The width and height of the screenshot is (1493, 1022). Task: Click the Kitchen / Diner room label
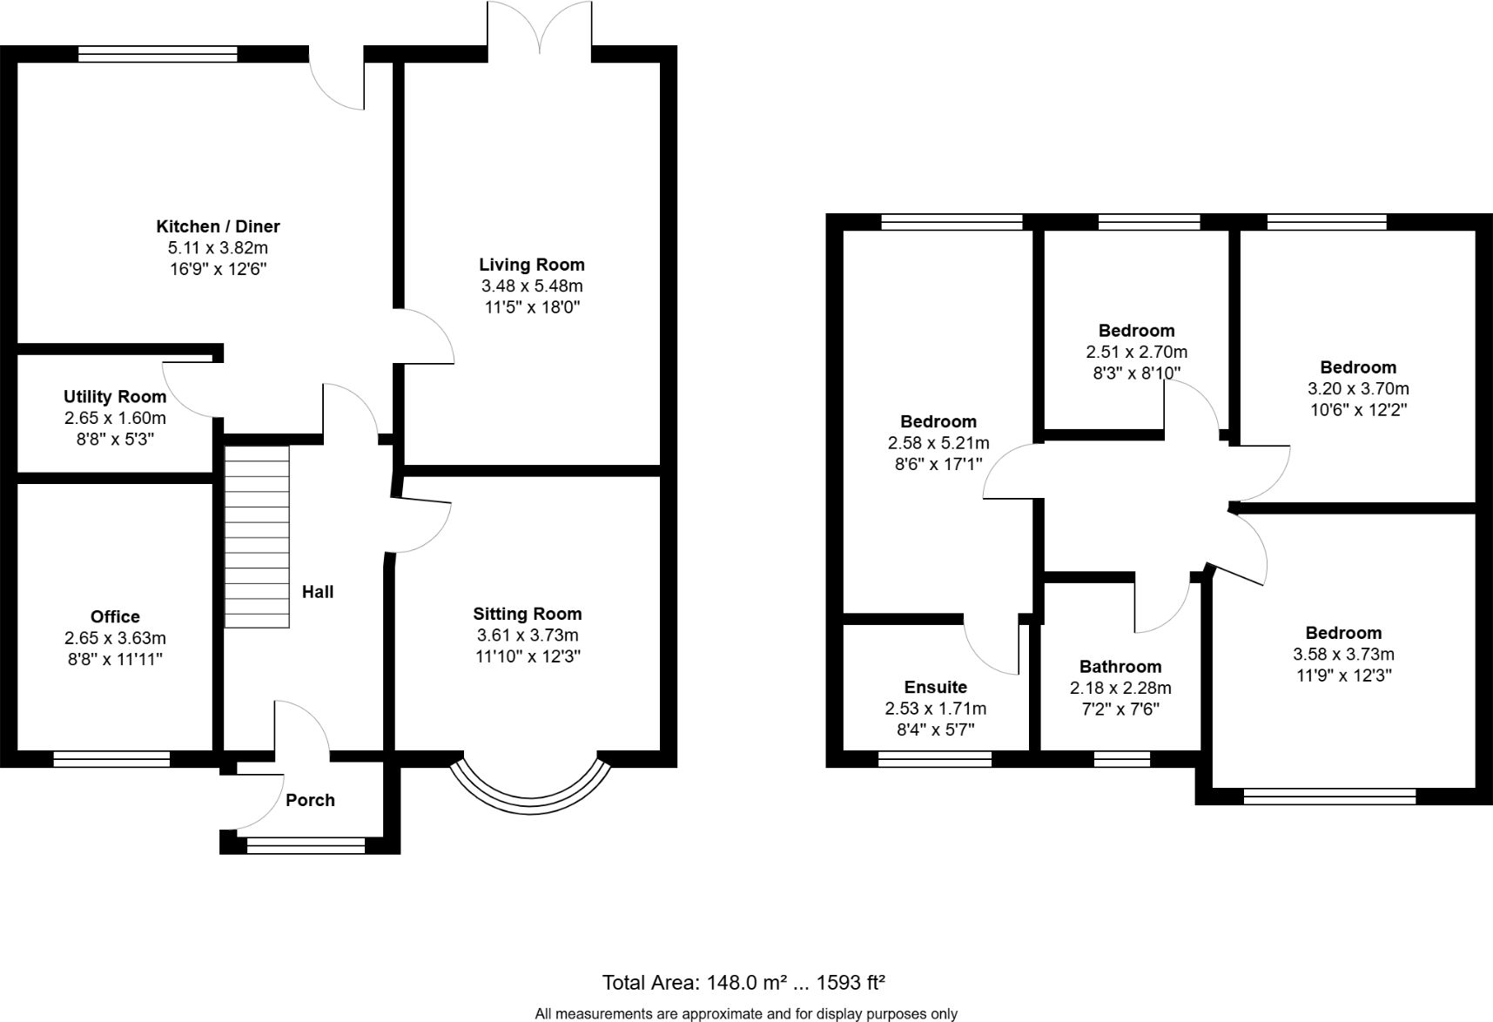pos(218,226)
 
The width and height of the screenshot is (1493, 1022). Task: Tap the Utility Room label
pos(115,397)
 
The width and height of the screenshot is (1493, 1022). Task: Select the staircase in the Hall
pos(257,536)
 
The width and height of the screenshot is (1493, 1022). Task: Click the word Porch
pos(310,800)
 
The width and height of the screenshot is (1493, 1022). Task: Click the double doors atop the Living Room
pos(540,30)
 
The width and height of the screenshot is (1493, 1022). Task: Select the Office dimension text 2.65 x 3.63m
pos(115,638)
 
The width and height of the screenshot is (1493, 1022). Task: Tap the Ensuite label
pos(935,687)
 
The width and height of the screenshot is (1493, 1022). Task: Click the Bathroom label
pos(1120,667)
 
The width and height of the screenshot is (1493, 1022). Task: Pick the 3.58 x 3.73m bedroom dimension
pos(1343,655)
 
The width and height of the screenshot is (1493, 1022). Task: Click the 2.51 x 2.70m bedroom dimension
pos(1136,353)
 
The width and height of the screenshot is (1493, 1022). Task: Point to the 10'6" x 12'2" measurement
pos(1358,410)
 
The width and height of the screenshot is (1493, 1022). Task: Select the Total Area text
pos(743,983)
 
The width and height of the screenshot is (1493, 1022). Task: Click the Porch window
pos(306,843)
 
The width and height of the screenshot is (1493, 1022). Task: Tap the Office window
pos(111,759)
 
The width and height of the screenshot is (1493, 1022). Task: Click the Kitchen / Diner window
pos(158,54)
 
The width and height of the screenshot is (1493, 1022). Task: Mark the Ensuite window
pos(935,759)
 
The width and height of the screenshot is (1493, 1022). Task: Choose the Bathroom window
pos(1121,759)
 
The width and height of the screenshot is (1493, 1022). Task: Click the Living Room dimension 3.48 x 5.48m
pos(531,286)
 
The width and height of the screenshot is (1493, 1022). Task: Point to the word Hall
pos(318,592)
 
